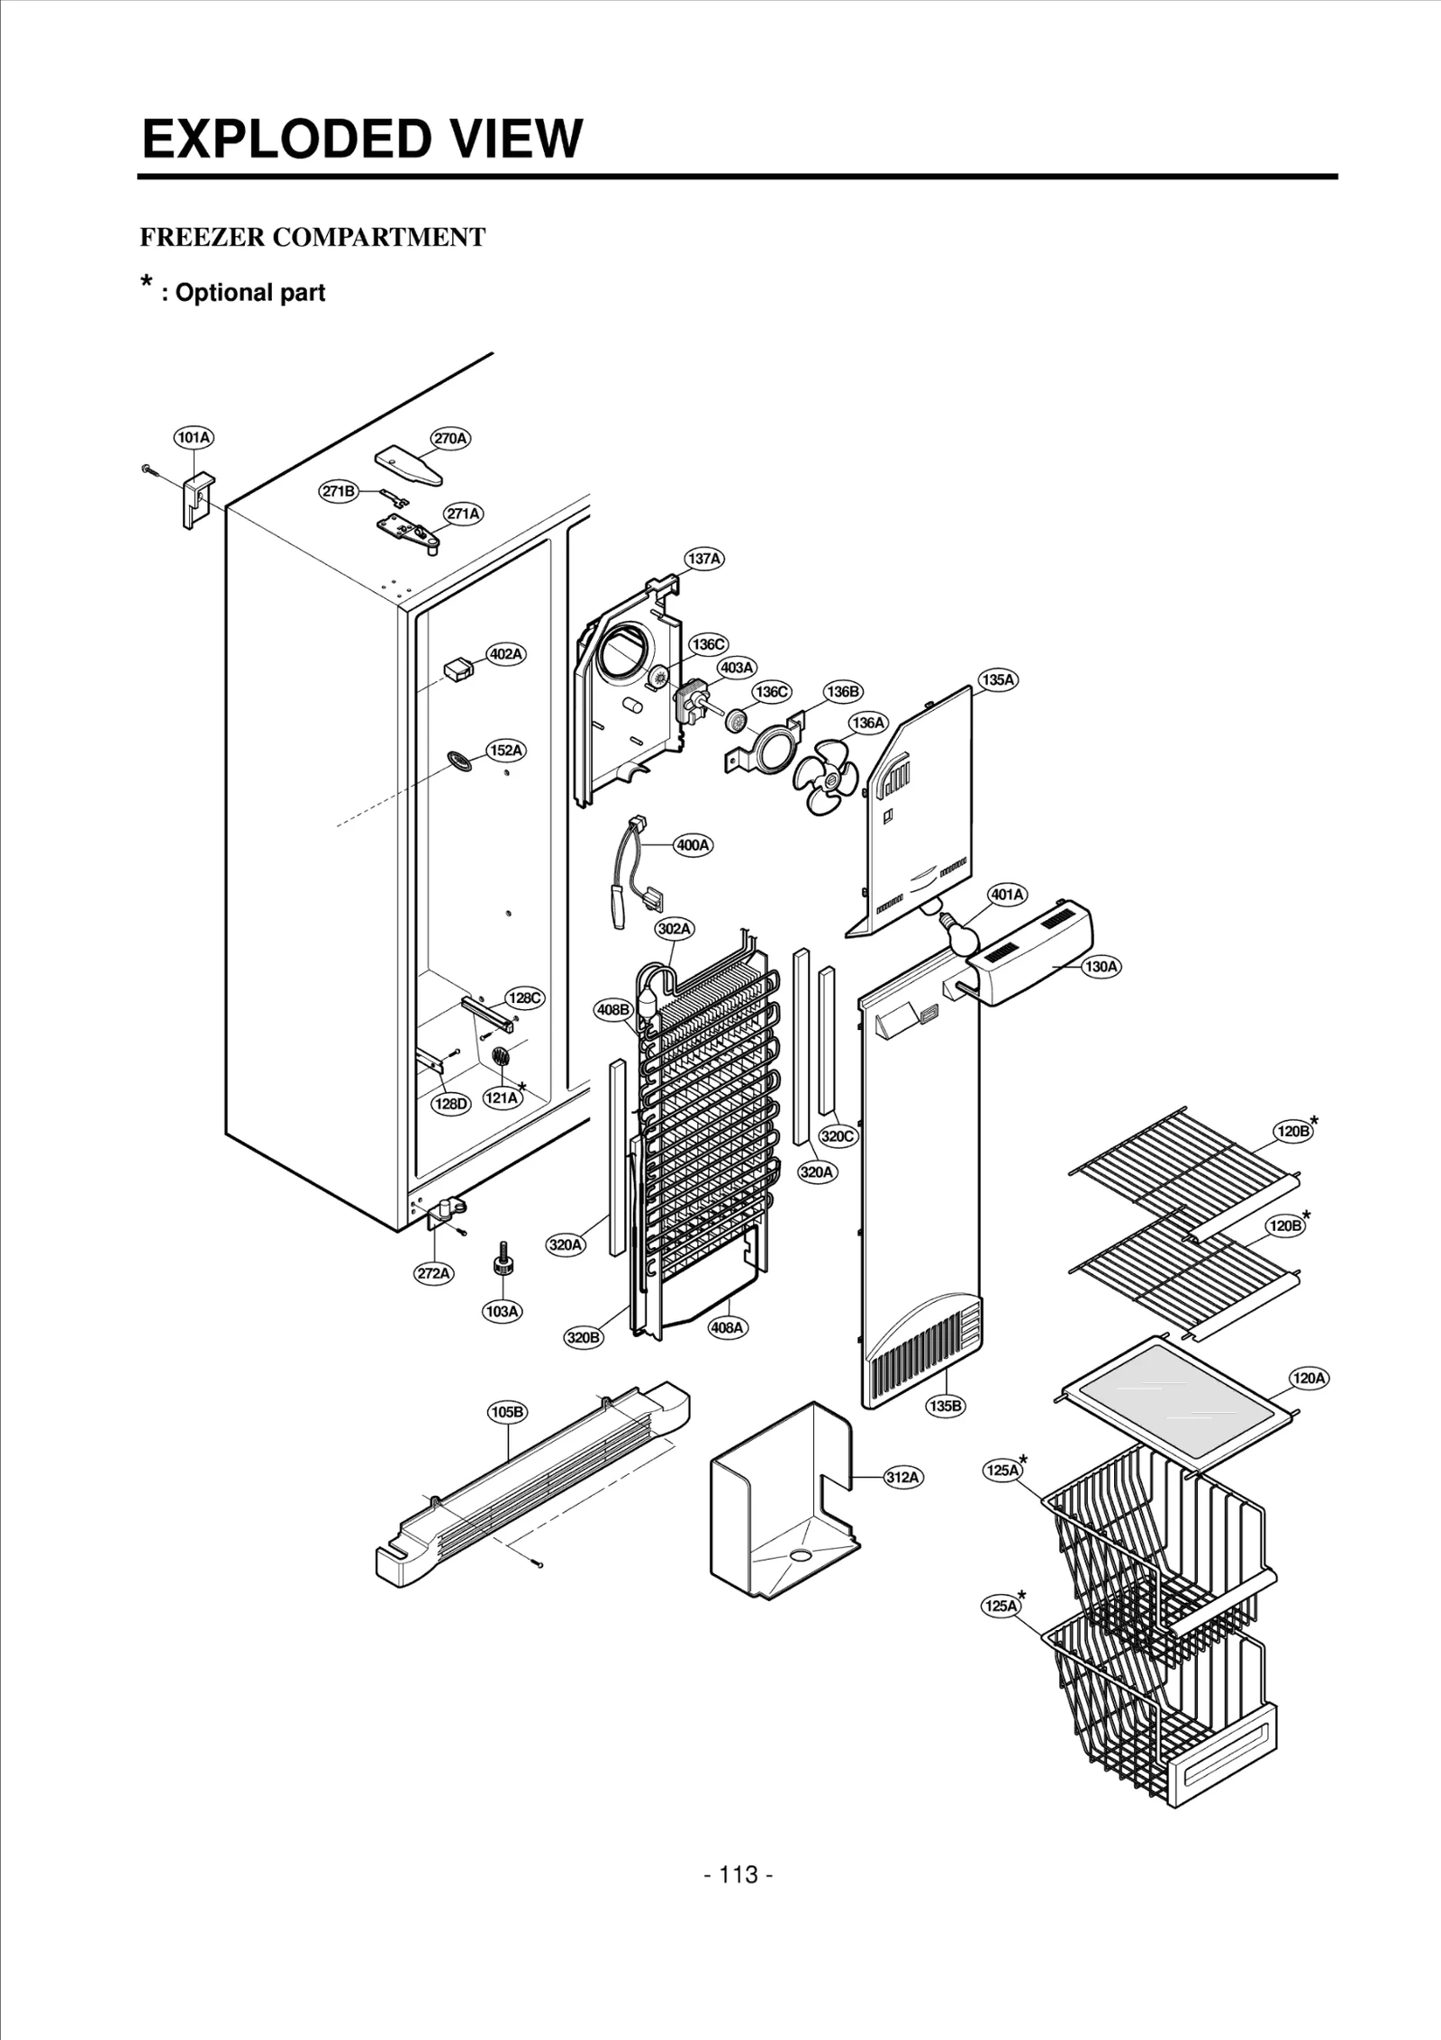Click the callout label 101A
tap(194, 438)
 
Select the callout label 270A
tap(451, 439)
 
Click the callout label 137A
tap(704, 559)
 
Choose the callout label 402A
tap(506, 654)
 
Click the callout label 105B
tap(507, 1412)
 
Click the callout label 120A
tap(1309, 1379)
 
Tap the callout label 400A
tap(693, 845)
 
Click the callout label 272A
tap(433, 1273)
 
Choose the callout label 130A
tap(1101, 967)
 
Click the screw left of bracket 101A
tap(147, 469)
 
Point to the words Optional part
tap(250, 293)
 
